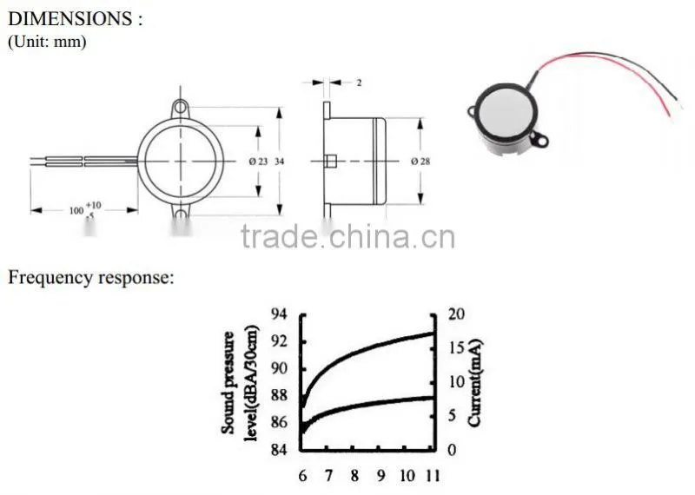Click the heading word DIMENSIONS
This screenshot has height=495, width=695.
click(70, 18)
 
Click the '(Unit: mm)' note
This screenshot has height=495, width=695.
click(47, 42)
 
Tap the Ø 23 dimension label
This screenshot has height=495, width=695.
click(258, 162)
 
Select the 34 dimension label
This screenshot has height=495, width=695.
click(279, 162)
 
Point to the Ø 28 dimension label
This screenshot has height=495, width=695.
click(420, 162)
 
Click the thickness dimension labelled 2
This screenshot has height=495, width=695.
click(359, 82)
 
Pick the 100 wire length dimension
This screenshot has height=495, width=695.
click(76, 210)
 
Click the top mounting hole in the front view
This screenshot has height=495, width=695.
click(180, 107)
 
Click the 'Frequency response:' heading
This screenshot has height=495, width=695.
click(91, 278)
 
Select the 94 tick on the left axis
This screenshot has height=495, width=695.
click(279, 313)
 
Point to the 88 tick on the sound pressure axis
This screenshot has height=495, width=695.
click(279, 395)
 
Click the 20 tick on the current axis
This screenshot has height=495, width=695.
click(457, 313)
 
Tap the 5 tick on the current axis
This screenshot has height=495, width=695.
click(452, 415)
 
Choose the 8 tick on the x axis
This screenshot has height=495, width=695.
click(354, 476)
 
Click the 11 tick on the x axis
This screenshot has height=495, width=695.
click(432, 476)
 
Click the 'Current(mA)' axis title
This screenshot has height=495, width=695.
click(474, 383)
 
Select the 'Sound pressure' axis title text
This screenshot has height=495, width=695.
click(228, 382)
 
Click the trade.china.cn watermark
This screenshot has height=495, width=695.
click(348, 236)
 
